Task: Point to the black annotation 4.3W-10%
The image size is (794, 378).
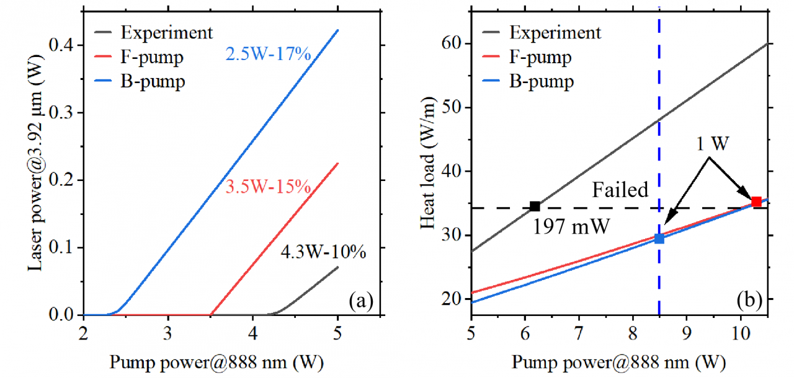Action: [324, 253]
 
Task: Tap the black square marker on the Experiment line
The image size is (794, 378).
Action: [535, 206]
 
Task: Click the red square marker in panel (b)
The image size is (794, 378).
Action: [756, 202]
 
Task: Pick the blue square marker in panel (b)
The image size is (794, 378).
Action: [659, 239]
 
